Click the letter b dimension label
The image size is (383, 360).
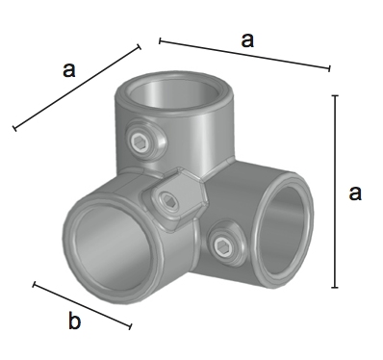(74, 321)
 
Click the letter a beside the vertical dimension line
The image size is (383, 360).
(355, 193)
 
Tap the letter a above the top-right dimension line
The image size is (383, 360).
(247, 40)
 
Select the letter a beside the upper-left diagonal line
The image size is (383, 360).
(69, 69)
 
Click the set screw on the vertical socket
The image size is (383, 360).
(140, 142)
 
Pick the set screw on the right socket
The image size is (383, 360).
(221, 246)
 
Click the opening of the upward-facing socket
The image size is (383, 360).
(173, 93)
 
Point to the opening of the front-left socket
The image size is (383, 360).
(114, 247)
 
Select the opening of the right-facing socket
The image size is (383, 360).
(284, 229)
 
